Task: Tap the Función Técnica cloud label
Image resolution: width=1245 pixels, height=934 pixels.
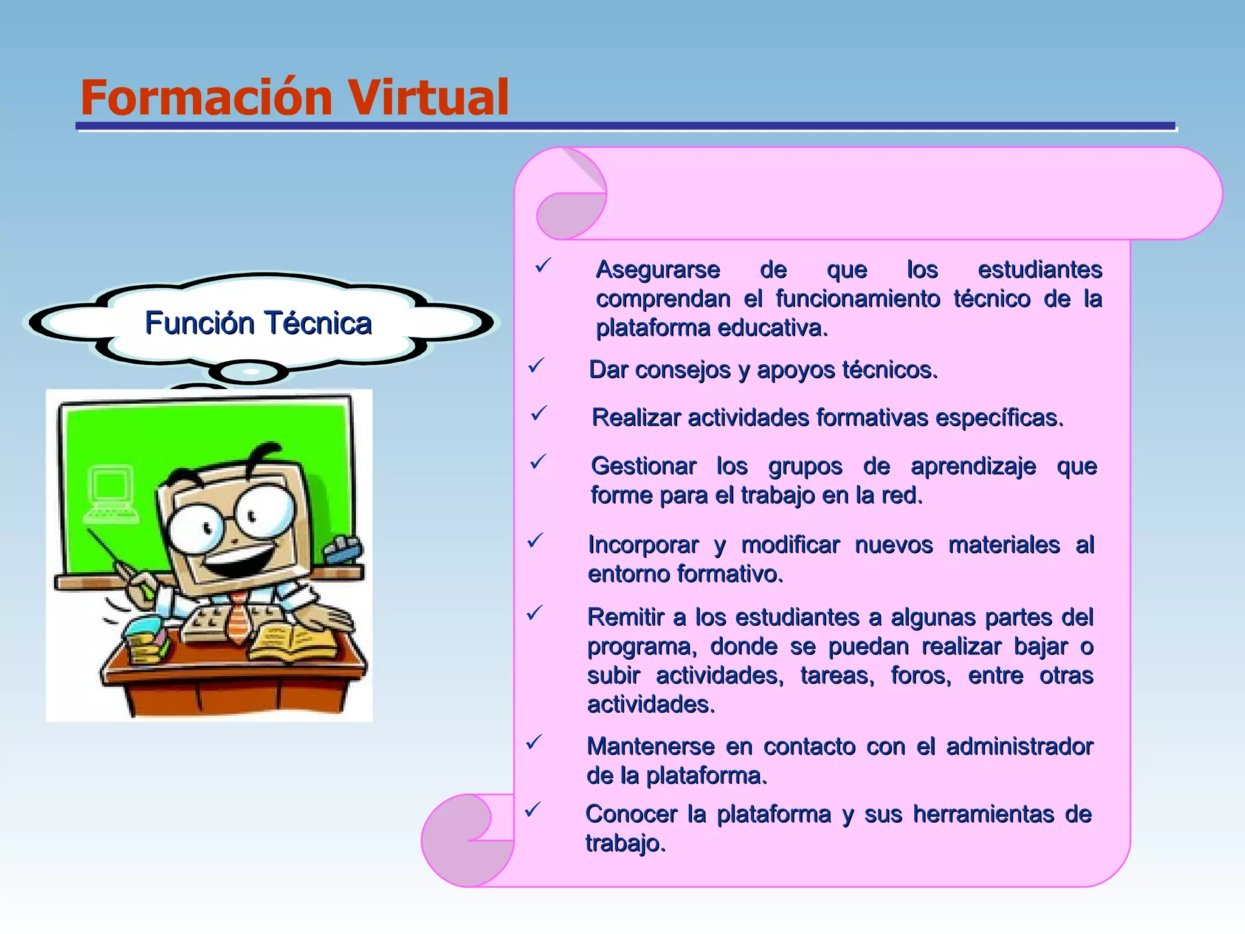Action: pos(258,322)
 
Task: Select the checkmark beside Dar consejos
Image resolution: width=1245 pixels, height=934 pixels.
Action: pos(536,366)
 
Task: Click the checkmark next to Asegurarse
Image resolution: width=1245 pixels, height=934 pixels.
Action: pos(542,266)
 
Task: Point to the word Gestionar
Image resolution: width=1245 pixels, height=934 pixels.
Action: pos(643,466)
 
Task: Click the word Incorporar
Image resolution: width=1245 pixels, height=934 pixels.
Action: pos(643,545)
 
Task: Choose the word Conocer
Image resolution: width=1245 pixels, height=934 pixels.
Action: pos(631,814)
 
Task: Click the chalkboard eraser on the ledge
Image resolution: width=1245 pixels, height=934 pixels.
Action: pos(343,550)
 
